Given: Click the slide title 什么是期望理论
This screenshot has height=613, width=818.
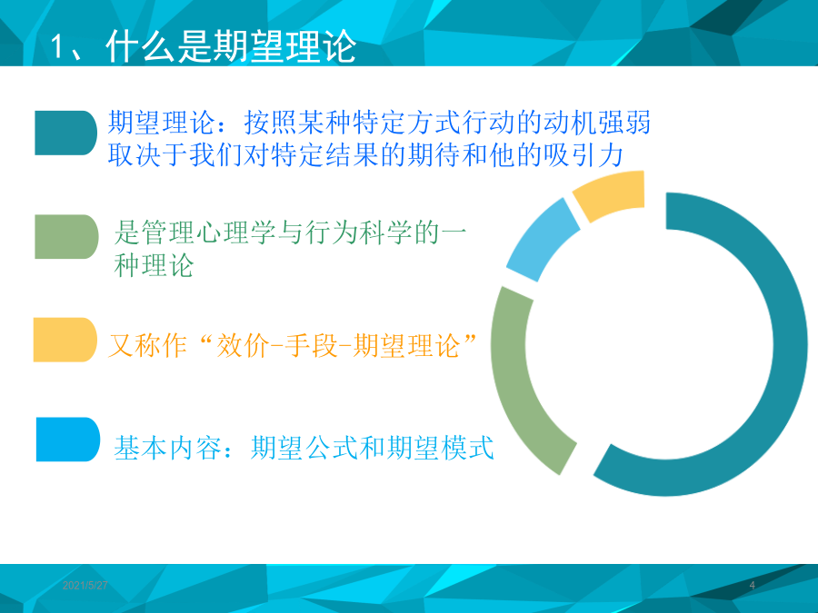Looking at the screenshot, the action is pyautogui.click(x=231, y=47).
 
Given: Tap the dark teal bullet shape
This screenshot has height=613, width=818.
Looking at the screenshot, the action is pyautogui.click(x=65, y=133).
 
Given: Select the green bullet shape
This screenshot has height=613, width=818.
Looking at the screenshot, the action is pyautogui.click(x=66, y=237).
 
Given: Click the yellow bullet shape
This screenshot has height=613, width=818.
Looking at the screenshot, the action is pyautogui.click(x=65, y=340).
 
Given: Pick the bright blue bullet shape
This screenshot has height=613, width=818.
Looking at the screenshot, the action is pyautogui.click(x=68, y=440).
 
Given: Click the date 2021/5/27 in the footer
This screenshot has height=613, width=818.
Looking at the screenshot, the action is pyautogui.click(x=85, y=586).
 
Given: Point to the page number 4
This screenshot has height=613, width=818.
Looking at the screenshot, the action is pyautogui.click(x=752, y=586).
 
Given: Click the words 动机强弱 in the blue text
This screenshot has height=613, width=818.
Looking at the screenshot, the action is pyautogui.click(x=597, y=123).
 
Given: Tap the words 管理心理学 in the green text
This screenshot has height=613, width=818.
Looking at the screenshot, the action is pyautogui.click(x=209, y=232).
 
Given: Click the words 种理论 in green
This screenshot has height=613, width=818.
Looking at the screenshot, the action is pyautogui.click(x=154, y=265).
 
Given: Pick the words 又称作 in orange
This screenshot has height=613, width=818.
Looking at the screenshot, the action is pyautogui.click(x=147, y=346).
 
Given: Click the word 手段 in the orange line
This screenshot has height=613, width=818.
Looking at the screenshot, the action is pyautogui.click(x=311, y=346).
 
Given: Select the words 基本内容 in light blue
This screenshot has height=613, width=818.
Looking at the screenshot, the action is pyautogui.click(x=168, y=448).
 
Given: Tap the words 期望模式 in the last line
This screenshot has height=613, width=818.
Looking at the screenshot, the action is pyautogui.click(x=440, y=448).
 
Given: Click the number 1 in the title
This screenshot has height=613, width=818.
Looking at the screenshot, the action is pyautogui.click(x=56, y=47).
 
